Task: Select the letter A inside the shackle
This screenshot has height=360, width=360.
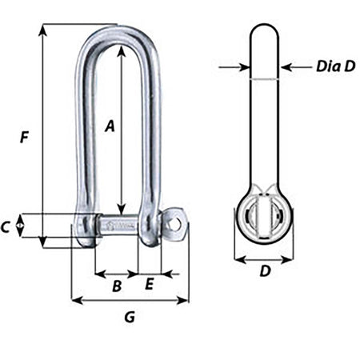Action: (x=111, y=125)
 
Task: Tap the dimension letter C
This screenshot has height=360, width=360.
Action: (x=6, y=227)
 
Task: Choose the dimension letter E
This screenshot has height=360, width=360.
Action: (x=149, y=284)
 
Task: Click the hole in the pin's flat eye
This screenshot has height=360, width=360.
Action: (x=175, y=223)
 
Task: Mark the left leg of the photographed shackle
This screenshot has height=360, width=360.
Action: (x=82, y=136)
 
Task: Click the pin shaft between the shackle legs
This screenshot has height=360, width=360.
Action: (x=116, y=226)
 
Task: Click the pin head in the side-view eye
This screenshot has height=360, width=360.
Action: (x=263, y=220)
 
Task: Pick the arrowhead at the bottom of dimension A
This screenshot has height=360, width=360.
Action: (x=121, y=207)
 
